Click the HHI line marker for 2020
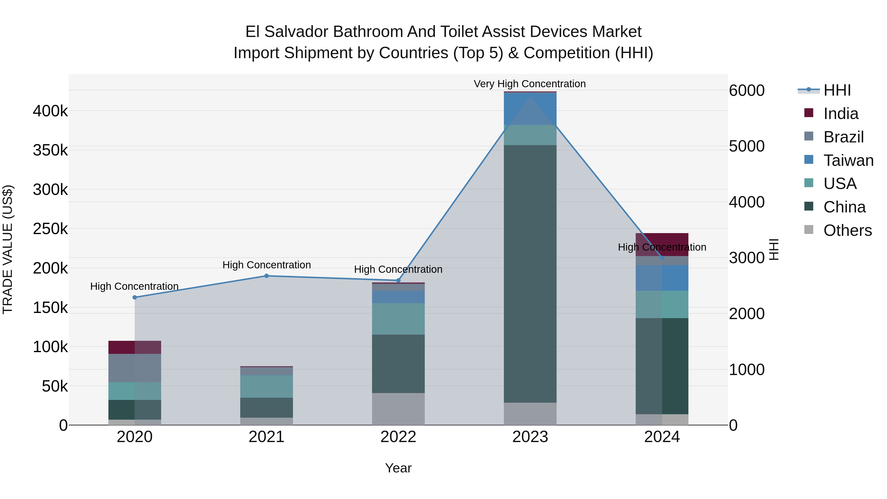tap(135, 297)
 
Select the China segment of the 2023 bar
tap(530, 274)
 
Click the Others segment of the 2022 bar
tap(398, 409)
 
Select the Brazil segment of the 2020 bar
tap(135, 368)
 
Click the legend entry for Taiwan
tap(848, 160)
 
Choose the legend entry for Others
tap(847, 230)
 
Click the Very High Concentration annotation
tap(529, 84)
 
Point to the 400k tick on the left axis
tap(50, 111)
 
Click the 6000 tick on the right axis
tap(747, 91)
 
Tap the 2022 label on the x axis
tap(398, 437)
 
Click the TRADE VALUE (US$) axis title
tap(8, 249)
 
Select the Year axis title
tap(398, 468)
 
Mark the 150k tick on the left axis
tap(50, 308)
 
